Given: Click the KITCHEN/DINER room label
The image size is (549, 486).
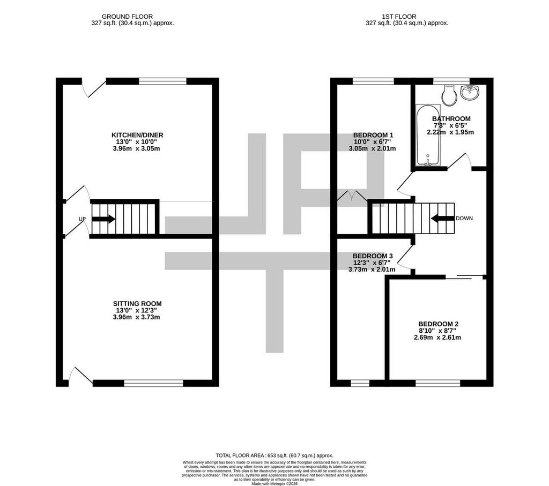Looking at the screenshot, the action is tap(137, 135).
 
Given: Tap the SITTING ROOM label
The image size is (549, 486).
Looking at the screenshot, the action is tap(137, 304).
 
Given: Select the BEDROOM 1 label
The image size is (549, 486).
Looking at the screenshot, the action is tap(373, 135).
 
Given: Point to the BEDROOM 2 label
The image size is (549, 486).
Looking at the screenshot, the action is tap(438, 324).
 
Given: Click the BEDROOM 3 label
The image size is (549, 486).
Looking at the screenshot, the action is tap(373, 256).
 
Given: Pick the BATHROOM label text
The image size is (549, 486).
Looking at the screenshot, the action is tap(451, 119).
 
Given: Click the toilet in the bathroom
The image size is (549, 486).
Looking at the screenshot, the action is tap(449, 95).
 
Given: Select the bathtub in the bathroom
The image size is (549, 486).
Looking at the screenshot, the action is tap(428, 134).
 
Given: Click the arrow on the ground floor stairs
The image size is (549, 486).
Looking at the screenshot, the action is tap(103, 219).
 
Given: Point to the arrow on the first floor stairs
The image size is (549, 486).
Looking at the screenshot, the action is tap(442, 219).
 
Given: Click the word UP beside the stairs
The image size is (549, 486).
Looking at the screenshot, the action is tap(82, 219).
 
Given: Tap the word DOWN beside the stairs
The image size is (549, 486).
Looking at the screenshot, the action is tap(464, 218).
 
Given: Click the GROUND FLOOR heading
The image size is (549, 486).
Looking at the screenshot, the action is tap(127, 17).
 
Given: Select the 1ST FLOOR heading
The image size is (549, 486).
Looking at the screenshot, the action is tap(399, 17).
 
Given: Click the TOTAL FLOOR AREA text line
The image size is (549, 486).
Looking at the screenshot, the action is tap(274, 455).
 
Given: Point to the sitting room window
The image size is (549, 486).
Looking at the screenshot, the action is tap(154, 384).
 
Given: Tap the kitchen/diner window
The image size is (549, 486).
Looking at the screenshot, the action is tap(163, 81).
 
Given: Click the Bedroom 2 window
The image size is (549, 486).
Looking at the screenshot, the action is tap(438, 384).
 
